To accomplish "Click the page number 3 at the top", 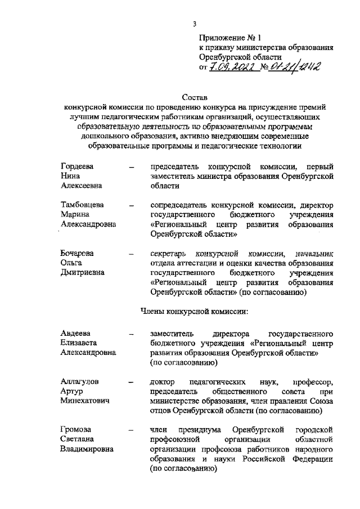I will (194, 24).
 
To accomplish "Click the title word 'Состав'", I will (195, 97).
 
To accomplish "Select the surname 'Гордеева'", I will (76, 166).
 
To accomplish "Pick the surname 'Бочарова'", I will (78, 254).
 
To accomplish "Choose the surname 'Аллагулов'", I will (80, 381).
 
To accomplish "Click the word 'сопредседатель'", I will (180, 205).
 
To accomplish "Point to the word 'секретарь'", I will (169, 254).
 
